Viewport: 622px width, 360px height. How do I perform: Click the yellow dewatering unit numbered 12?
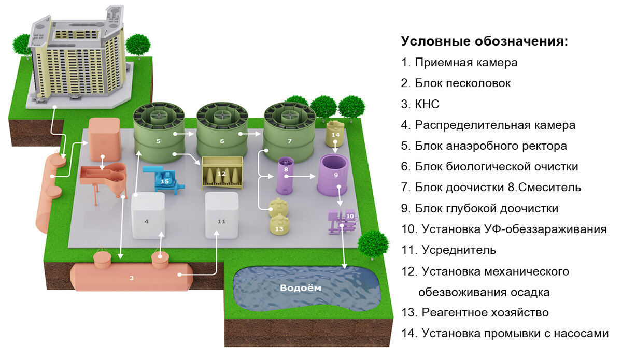point(222,174)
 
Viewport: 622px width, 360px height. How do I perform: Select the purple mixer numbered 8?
point(286,175)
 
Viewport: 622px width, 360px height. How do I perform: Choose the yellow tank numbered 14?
point(335,135)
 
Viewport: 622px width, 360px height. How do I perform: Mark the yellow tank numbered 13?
point(279,224)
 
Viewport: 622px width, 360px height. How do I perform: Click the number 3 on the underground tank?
point(132,278)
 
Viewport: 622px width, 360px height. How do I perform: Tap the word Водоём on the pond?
point(301,288)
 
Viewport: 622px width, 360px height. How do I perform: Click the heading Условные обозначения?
point(485,41)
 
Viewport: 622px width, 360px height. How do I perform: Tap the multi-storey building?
point(78,57)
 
